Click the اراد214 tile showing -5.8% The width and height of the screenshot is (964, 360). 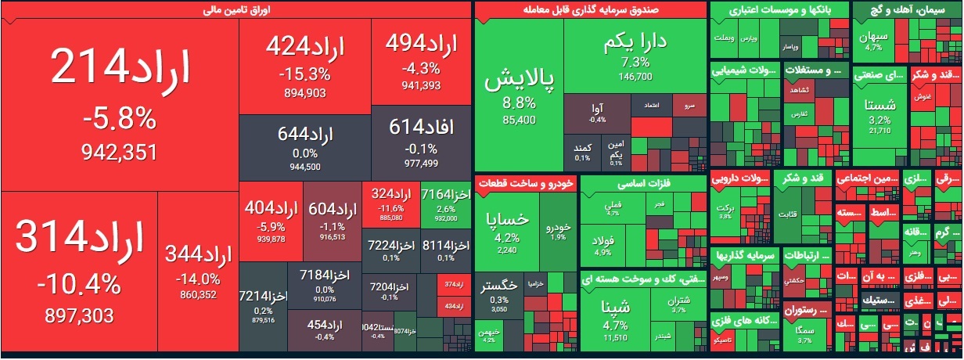pyautogui.click(x=120, y=102)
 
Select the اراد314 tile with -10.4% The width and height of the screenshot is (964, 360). pyautogui.click(x=79, y=270)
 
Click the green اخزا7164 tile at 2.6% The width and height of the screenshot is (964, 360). pyautogui.click(x=445, y=204)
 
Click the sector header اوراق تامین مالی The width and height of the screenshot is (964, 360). pyautogui.click(x=236, y=10)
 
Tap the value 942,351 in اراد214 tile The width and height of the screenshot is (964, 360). pyautogui.click(x=120, y=152)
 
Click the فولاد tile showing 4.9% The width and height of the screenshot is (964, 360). pyautogui.click(x=604, y=243)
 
